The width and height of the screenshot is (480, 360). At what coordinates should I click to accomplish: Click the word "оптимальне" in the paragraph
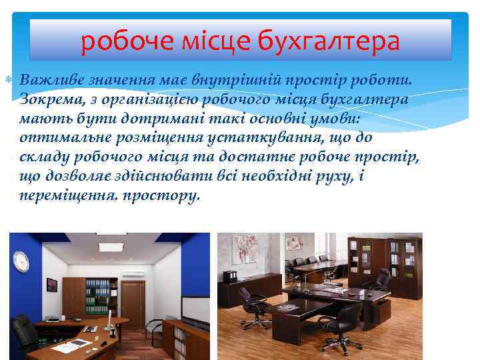click(64, 138)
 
